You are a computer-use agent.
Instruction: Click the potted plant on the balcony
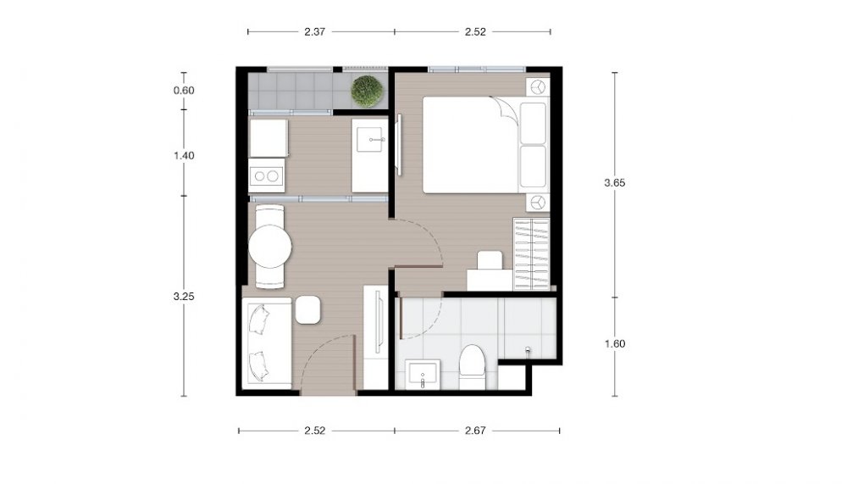[368, 91]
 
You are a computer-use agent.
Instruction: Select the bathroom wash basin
[423, 374]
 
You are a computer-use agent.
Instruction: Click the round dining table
[270, 246]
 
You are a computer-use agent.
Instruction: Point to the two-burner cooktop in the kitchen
[266, 175]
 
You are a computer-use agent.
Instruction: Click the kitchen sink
[371, 140]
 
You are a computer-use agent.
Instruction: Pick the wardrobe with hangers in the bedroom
[532, 253]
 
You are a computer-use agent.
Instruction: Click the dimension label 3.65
[615, 183]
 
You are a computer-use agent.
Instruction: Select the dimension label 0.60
[184, 91]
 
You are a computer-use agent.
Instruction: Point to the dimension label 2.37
[314, 32]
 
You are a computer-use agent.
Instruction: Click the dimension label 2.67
[475, 431]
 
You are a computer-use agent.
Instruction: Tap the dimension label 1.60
[615, 344]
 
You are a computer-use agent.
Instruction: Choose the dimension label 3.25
[184, 297]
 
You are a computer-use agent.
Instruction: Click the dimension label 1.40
[184, 156]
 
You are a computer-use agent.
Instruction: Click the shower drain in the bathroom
[528, 351]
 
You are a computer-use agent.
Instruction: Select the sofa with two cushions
[267, 342]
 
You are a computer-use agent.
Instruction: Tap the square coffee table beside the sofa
[308, 310]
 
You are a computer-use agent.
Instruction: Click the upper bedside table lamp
[538, 87]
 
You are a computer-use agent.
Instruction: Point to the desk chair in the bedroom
[490, 260]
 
